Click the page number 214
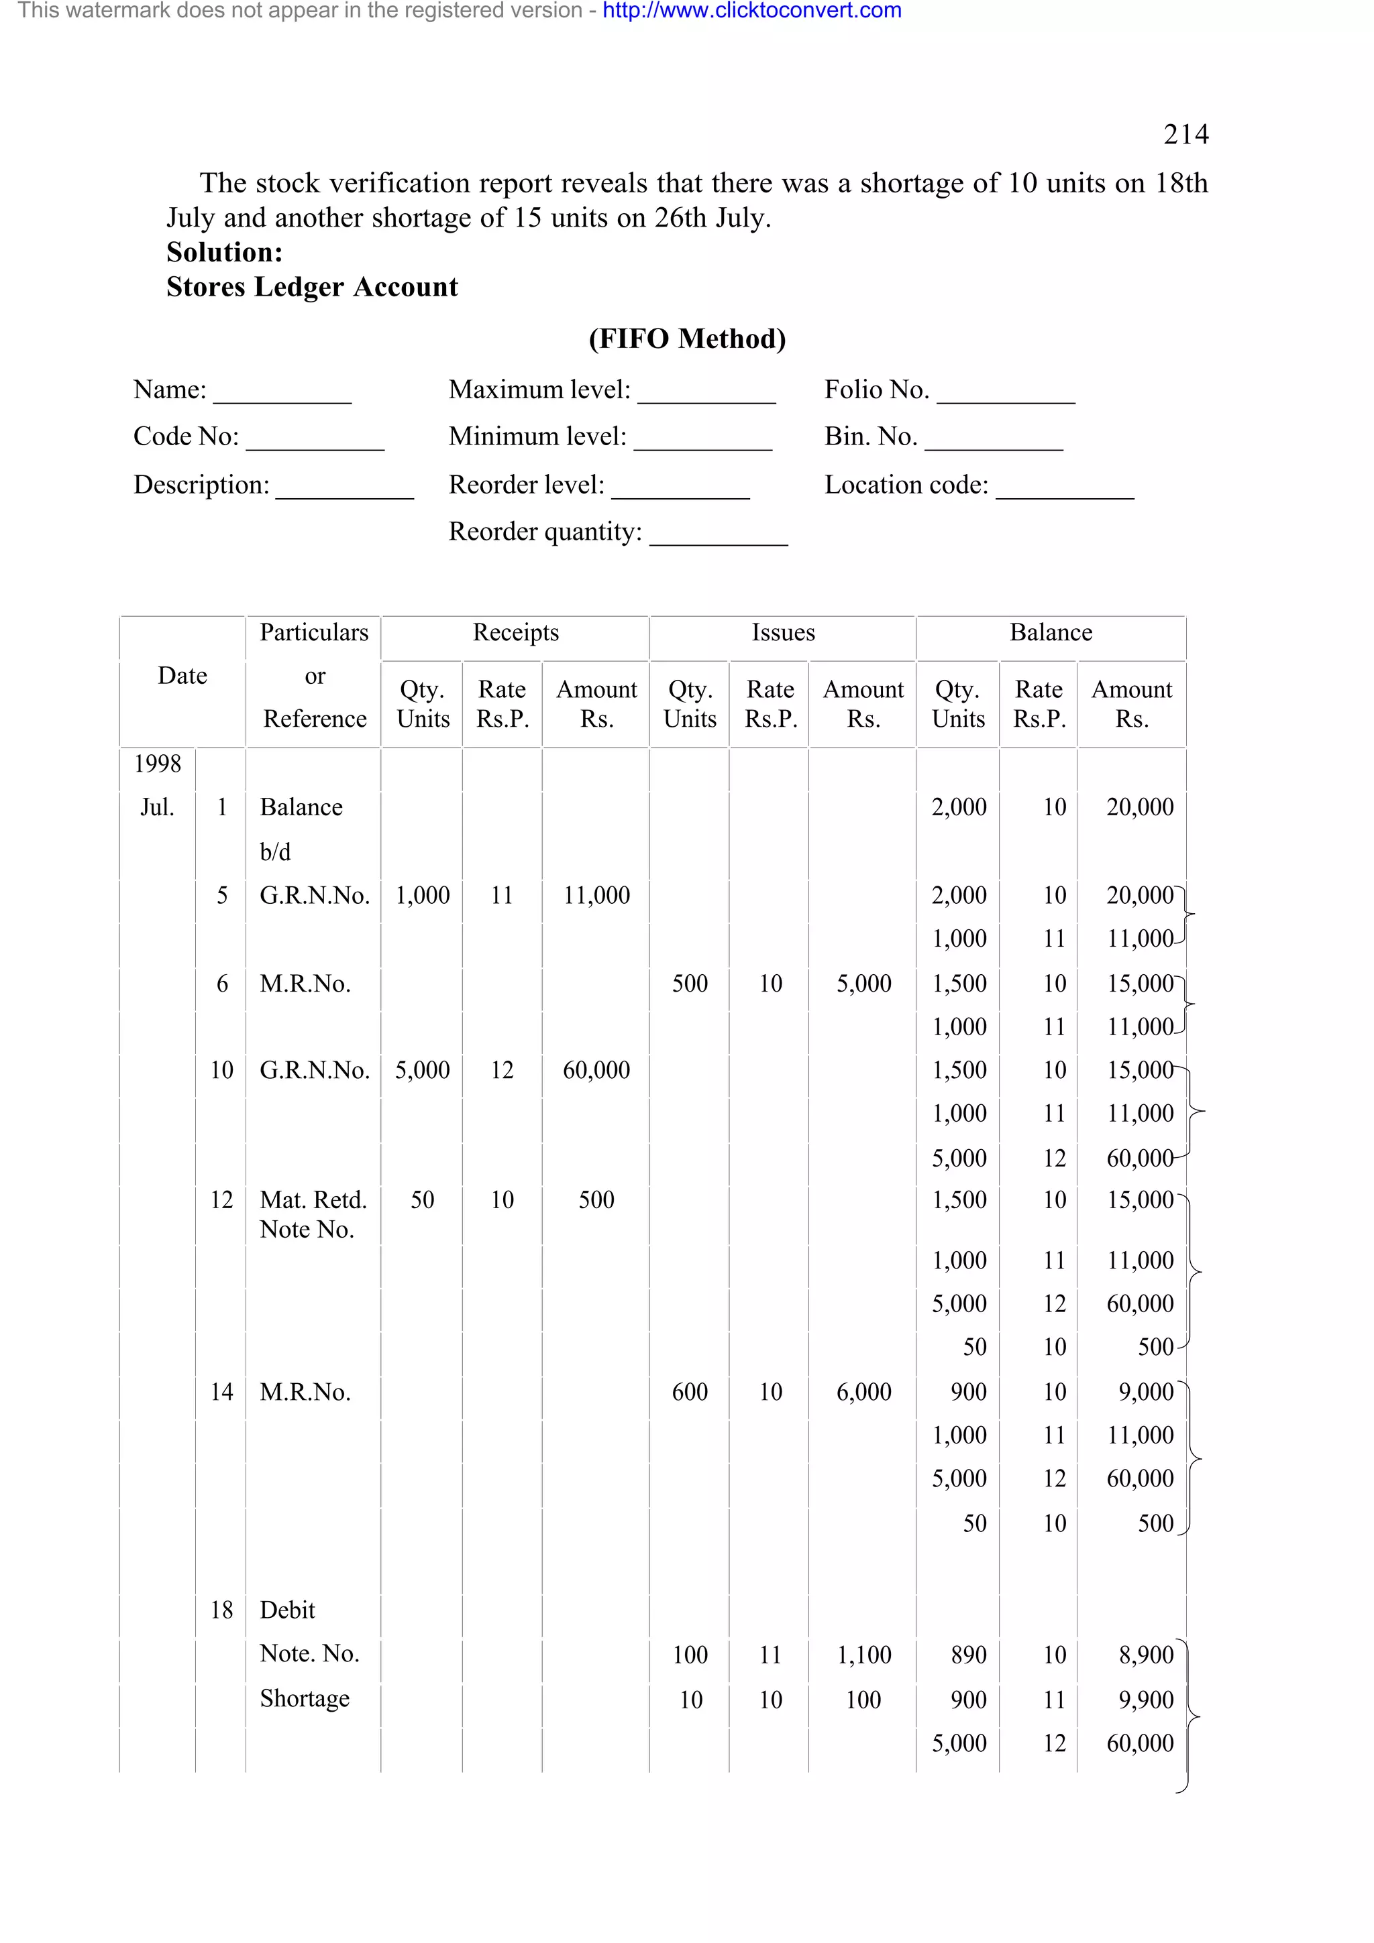point(1185,135)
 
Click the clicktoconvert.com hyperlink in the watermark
point(752,11)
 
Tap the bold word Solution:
point(224,252)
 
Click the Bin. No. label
point(870,436)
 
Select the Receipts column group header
point(515,633)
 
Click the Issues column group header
point(783,633)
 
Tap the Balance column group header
point(1051,633)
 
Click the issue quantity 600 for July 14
point(689,1392)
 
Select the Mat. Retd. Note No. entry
point(313,1214)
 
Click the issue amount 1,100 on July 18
point(863,1655)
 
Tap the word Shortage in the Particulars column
point(304,1698)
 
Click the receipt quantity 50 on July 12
point(423,1200)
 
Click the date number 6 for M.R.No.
point(222,984)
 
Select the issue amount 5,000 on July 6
point(863,984)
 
